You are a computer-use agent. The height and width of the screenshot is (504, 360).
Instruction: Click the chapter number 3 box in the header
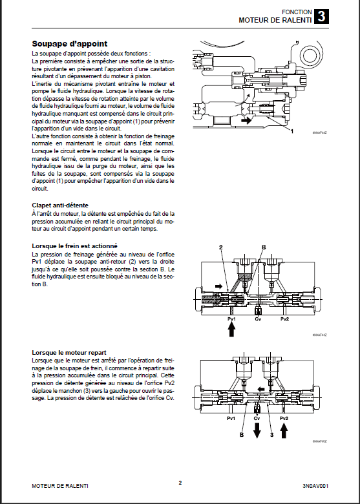(x=321, y=16)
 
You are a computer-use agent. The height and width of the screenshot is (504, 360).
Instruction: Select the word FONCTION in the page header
(x=297, y=12)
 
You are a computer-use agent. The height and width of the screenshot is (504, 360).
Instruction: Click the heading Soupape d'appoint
(x=69, y=44)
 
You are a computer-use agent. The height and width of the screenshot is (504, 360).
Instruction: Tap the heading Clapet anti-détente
(x=60, y=205)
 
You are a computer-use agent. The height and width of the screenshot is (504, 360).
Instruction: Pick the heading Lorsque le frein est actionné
(x=74, y=246)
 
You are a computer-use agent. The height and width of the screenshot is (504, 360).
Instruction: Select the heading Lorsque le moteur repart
(x=69, y=353)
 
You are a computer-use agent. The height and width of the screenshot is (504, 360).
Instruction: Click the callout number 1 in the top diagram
(x=292, y=131)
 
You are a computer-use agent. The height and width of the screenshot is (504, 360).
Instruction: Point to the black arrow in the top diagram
(x=246, y=121)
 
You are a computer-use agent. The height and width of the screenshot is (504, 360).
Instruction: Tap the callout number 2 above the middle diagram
(x=221, y=247)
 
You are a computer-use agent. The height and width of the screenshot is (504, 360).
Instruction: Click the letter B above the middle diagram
(x=264, y=247)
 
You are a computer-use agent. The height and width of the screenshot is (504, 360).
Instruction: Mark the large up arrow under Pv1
(x=231, y=330)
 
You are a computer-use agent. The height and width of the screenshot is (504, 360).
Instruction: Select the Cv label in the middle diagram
(x=258, y=319)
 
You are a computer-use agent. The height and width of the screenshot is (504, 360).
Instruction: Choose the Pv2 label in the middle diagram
(x=284, y=319)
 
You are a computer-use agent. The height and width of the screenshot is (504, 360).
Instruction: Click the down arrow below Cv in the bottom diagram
(x=257, y=431)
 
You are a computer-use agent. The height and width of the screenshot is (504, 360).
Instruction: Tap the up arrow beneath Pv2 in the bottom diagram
(x=284, y=431)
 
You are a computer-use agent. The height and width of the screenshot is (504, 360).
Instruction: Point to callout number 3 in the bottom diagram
(x=271, y=435)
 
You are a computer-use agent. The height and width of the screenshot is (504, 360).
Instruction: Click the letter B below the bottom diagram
(x=242, y=435)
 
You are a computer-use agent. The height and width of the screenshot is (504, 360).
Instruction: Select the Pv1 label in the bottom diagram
(x=231, y=418)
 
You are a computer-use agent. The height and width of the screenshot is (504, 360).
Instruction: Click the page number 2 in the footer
(x=180, y=483)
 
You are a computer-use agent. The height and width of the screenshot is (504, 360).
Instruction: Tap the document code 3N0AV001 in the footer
(x=315, y=486)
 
